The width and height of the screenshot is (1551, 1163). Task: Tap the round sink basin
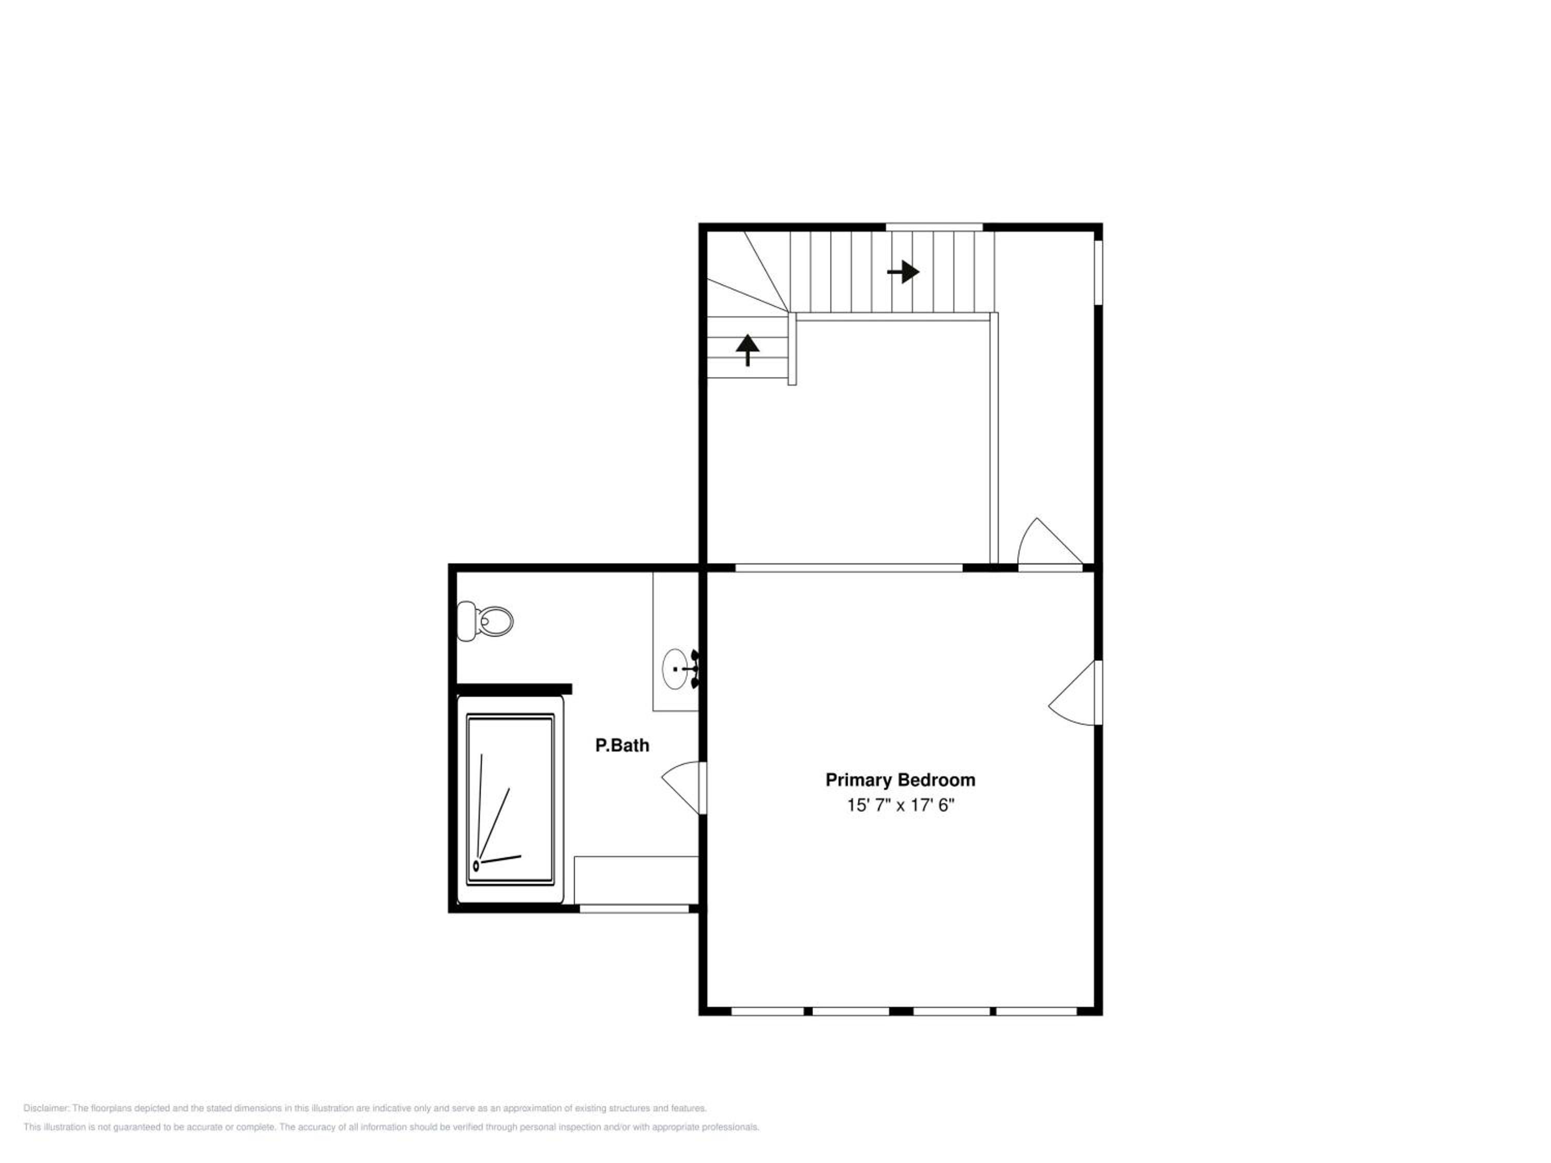click(x=675, y=669)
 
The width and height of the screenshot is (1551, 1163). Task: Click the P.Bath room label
click(x=622, y=745)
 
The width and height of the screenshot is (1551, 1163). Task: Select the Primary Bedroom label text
click(x=900, y=779)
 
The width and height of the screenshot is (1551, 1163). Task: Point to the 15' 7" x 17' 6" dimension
click(x=900, y=805)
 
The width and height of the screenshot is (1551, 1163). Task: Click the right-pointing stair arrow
click(x=903, y=271)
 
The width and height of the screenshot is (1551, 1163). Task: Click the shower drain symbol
click(x=476, y=866)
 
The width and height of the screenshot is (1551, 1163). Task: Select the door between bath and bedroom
click(x=683, y=788)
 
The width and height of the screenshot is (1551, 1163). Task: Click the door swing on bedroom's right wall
click(x=1075, y=693)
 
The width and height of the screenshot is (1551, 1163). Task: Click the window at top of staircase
click(x=935, y=226)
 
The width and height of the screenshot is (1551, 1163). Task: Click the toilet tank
click(x=466, y=621)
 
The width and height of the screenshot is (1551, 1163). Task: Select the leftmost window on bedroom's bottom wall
click(x=768, y=1012)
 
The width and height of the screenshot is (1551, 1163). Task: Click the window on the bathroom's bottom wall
click(x=634, y=909)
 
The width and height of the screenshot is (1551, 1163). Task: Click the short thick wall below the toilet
click(x=514, y=689)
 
